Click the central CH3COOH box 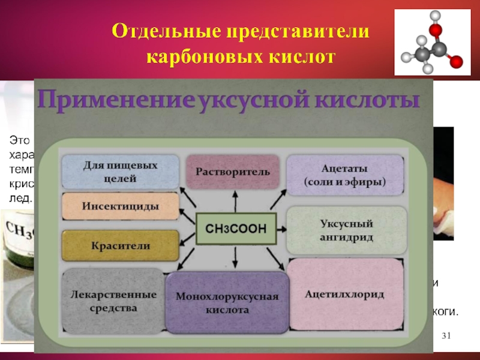[235, 229]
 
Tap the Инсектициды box [121, 206]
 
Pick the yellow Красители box [121, 246]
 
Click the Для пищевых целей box [121, 172]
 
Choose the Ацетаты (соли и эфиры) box [344, 175]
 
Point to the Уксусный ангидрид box [347, 230]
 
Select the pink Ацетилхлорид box [344, 295]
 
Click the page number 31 [445, 335]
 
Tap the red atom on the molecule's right [457, 61]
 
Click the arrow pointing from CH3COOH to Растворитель [234, 200]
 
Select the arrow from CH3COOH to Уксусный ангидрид [281, 229]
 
